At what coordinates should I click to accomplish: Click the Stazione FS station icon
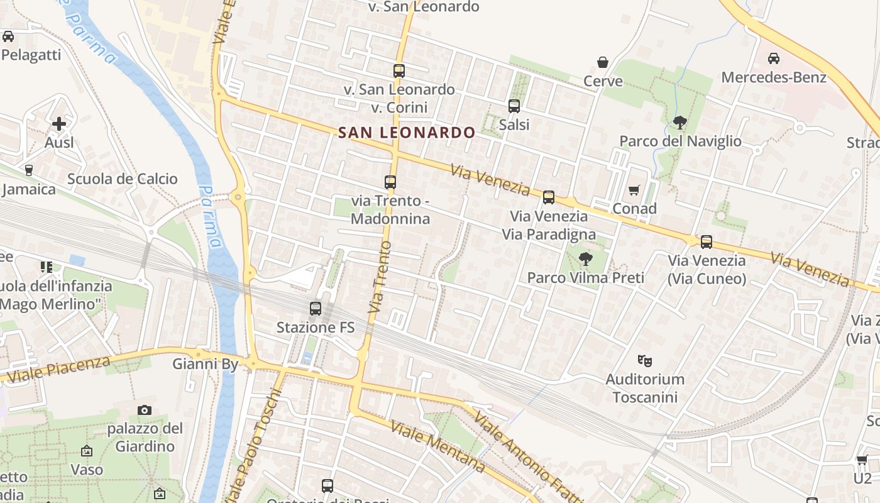(x=316, y=309)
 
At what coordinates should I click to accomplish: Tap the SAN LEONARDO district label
(x=407, y=133)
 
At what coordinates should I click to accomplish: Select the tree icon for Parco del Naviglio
(x=679, y=122)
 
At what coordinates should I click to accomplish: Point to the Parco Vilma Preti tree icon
(x=586, y=258)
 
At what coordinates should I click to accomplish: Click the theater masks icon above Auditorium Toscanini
(x=644, y=361)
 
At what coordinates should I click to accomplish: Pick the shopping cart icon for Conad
(x=634, y=190)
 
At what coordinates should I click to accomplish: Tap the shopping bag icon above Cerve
(x=603, y=62)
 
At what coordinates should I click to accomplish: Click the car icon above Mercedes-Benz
(x=774, y=58)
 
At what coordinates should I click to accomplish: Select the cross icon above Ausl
(x=59, y=124)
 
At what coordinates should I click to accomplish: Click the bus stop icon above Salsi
(x=514, y=106)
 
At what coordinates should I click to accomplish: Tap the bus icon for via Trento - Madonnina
(x=390, y=182)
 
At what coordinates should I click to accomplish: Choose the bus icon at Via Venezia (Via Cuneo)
(x=707, y=242)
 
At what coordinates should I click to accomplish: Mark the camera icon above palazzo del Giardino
(x=145, y=411)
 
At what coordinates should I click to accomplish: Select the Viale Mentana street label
(x=438, y=446)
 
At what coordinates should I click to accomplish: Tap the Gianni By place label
(x=206, y=364)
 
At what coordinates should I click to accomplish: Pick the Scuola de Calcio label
(x=123, y=179)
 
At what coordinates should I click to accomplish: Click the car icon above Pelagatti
(x=8, y=36)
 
